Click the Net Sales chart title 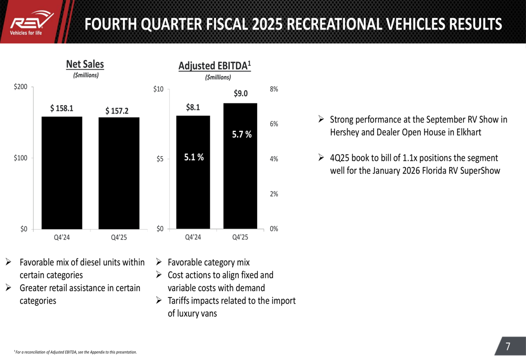coord(85,64)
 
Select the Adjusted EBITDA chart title coord(215,66)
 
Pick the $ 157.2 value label coord(117,110)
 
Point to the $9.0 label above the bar coord(241,94)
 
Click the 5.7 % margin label coord(242,135)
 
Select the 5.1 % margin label coord(194,157)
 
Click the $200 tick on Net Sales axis coord(21,87)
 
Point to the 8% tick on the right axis coord(274,89)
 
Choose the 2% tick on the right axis coord(274,194)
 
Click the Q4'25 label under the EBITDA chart coord(240,237)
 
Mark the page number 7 coord(508,346)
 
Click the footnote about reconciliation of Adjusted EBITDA coord(75,352)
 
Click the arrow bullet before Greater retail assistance coord(9,288)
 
